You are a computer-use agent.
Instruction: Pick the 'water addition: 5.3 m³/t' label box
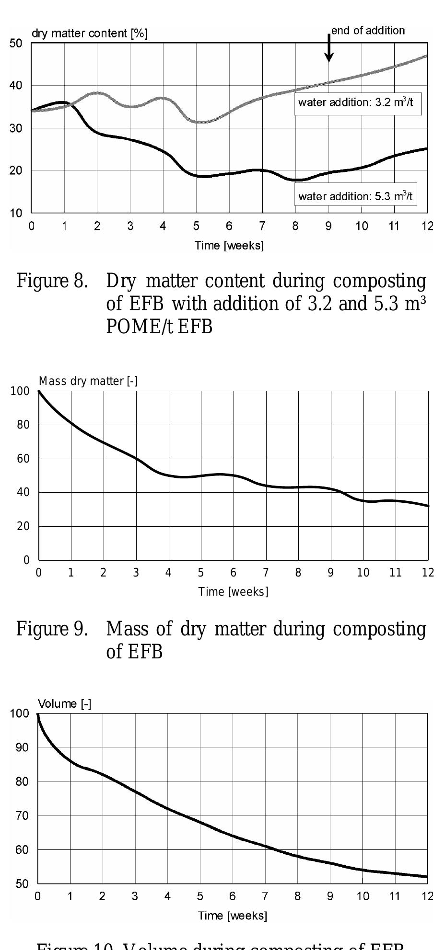(x=355, y=196)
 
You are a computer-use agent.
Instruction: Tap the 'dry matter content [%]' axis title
(x=90, y=34)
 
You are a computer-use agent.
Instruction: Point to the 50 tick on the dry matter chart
(x=16, y=44)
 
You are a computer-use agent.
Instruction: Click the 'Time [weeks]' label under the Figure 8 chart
(x=229, y=246)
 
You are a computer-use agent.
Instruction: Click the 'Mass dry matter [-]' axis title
(x=88, y=381)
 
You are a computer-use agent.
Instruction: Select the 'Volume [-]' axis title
(x=64, y=704)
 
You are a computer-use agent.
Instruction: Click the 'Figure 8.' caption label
(x=52, y=282)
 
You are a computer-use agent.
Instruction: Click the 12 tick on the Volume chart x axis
(x=427, y=896)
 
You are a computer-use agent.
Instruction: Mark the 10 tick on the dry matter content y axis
(x=16, y=213)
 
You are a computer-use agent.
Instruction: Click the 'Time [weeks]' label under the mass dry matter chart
(x=233, y=592)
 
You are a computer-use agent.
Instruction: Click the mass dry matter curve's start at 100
(x=39, y=391)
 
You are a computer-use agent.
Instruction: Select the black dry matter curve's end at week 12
(x=426, y=149)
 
